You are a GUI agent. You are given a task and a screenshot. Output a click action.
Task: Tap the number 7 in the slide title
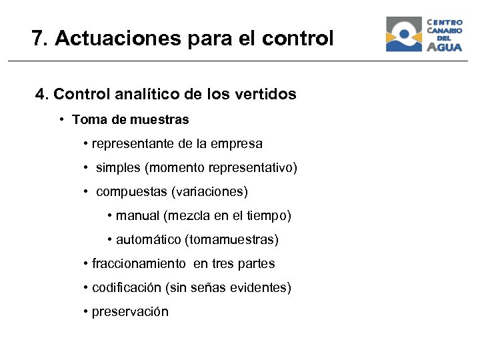[37, 39]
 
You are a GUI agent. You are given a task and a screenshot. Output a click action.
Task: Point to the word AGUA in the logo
[444, 47]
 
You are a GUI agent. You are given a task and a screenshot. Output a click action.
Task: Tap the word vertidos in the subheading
[266, 95]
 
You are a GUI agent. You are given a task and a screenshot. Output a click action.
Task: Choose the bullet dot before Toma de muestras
[61, 120]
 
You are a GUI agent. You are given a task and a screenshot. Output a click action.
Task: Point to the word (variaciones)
[209, 192]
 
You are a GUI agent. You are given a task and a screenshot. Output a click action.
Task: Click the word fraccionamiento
[139, 264]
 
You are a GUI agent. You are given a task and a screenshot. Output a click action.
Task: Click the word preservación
[130, 312]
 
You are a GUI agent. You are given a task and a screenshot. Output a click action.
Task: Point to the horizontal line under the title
[240, 61]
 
